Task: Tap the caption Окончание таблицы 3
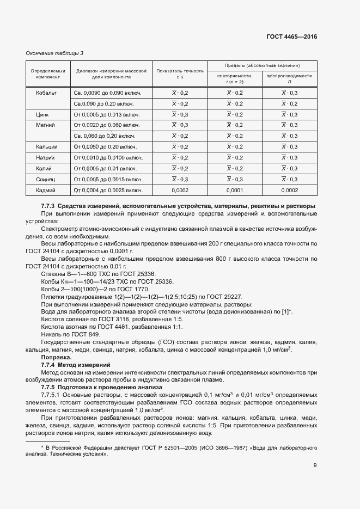(x=55, y=53)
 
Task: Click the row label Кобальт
(x=46, y=93)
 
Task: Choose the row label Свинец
(x=46, y=179)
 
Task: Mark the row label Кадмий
(x=46, y=190)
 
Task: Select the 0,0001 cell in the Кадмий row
(x=235, y=190)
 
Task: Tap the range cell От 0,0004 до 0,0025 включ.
(x=108, y=190)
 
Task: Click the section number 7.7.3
(x=48, y=206)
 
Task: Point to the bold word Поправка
(x=56, y=357)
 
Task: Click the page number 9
(x=315, y=465)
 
